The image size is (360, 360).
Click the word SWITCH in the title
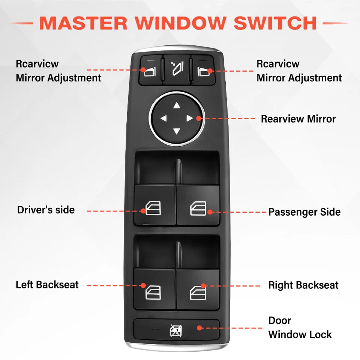[275, 23]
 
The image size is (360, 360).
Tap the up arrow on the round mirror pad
[177, 106]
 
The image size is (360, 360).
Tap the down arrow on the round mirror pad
[177, 131]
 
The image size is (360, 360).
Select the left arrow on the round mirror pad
[163, 119]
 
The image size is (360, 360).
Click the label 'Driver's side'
[46, 210]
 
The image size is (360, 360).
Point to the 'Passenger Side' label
[304, 212]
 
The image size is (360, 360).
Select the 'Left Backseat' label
[47, 285]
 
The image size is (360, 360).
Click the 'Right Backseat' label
[303, 285]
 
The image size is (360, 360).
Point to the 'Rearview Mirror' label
[298, 119]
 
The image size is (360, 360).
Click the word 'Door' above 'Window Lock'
[279, 321]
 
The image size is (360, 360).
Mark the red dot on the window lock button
[200, 328]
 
